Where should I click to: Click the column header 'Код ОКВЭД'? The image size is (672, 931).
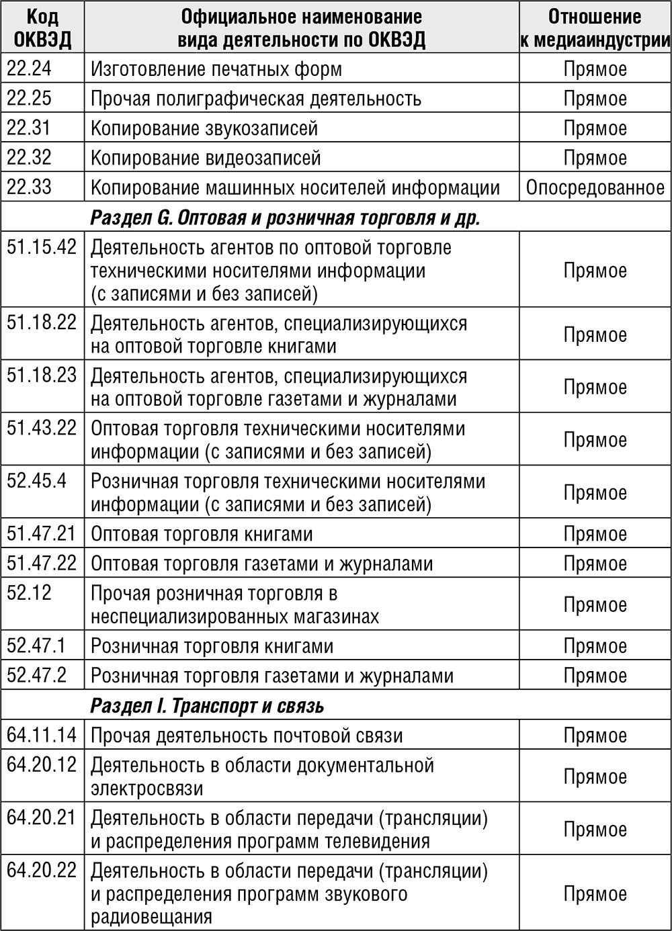[42, 28]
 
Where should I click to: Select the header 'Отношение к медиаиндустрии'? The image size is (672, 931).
[595, 28]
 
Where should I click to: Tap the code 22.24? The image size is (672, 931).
[29, 69]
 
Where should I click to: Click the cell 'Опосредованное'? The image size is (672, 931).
[595, 187]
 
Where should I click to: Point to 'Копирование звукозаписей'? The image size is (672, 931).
[204, 128]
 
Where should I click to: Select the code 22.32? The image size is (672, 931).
[29, 157]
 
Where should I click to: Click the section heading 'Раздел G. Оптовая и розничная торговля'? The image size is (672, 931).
[285, 218]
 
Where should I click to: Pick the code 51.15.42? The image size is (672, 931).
[42, 247]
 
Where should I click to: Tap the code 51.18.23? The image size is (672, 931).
[42, 375]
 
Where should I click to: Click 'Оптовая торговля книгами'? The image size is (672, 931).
[202, 535]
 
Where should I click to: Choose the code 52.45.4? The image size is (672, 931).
[36, 481]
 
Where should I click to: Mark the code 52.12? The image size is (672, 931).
[29, 593]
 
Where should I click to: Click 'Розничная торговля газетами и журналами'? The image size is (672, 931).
[272, 676]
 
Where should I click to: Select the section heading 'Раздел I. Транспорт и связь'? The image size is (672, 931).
[207, 706]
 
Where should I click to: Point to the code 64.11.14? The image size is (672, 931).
[42, 736]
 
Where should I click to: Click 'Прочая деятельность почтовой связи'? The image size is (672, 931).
[247, 736]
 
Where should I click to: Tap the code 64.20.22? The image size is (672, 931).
[42, 871]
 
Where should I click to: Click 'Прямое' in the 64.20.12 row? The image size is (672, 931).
[595, 777]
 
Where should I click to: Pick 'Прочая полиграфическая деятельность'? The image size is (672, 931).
[256, 99]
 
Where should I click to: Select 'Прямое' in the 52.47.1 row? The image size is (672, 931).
[595, 646]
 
